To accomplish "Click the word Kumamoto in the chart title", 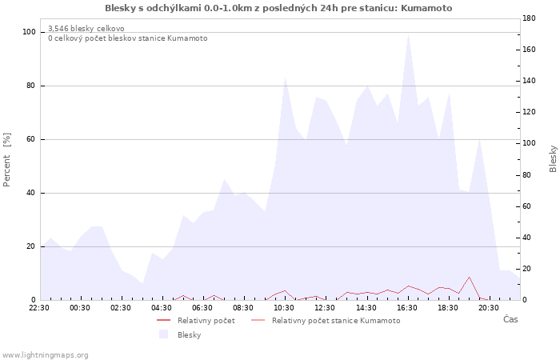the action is (426, 8).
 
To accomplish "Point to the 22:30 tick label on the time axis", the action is (39, 308).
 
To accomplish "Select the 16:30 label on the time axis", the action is (406, 308).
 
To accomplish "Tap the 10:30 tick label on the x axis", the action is (284, 308).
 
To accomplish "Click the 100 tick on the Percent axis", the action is (29, 32).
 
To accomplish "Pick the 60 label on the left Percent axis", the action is (30, 139).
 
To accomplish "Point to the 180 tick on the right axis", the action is (529, 18).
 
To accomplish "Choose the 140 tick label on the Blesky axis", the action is (529, 81).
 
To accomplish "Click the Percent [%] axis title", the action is (6, 160).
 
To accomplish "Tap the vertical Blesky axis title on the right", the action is (553, 158).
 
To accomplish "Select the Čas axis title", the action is (510, 319).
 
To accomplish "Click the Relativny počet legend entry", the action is (196, 320).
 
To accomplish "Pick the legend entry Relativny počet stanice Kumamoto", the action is (326, 320).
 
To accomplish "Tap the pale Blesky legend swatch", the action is (163, 334).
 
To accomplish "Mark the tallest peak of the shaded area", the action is (408, 34).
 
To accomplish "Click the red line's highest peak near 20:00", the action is (469, 277).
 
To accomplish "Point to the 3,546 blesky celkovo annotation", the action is (86, 29).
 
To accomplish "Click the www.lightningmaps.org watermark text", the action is (45, 355).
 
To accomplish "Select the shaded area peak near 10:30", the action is (285, 78).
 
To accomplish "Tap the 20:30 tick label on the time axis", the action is (489, 308).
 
